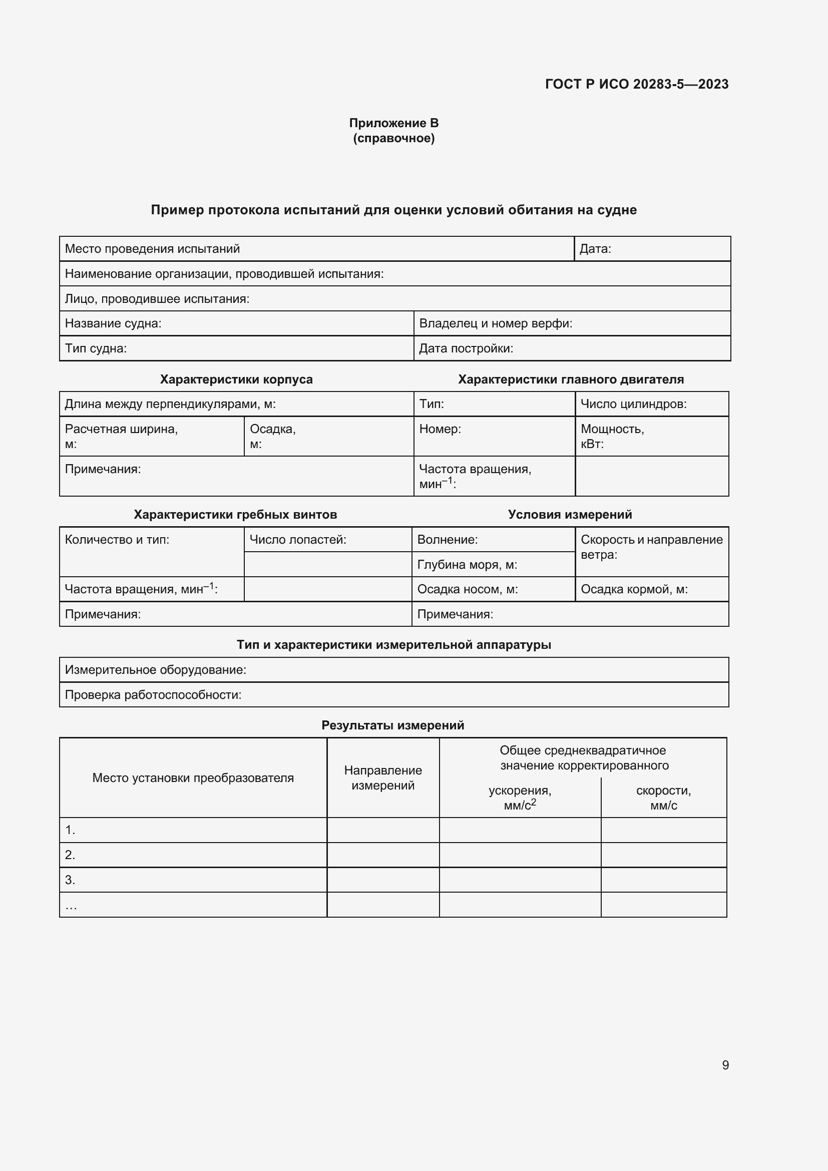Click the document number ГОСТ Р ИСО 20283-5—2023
point(636,84)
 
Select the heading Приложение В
point(393,123)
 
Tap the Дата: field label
point(595,249)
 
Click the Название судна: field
point(113,323)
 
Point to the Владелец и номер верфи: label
point(495,323)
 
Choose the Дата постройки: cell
point(466,348)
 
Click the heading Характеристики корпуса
point(236,379)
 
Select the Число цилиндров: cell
point(633,404)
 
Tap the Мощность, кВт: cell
point(612,436)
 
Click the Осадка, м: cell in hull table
point(273,436)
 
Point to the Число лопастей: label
point(298,540)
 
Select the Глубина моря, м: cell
point(467,565)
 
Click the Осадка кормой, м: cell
point(634,589)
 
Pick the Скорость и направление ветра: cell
point(651,547)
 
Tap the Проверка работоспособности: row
point(153,695)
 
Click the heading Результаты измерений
point(392,725)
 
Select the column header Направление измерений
point(383,778)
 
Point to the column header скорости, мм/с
point(663,798)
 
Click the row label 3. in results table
point(71,880)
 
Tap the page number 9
point(725,1065)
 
